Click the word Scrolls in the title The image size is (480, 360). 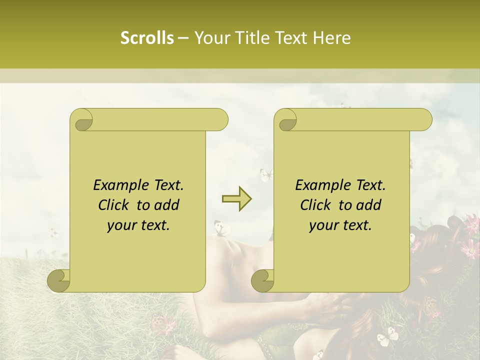tap(147, 38)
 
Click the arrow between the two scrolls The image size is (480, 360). tap(236, 199)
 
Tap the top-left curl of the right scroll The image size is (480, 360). tap(286, 120)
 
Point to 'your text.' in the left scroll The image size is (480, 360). tap(138, 225)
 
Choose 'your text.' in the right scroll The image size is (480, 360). tap(340, 225)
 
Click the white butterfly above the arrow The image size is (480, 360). tap(266, 174)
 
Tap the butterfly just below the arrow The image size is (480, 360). tap(222, 228)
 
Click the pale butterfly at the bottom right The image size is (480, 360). tap(387, 336)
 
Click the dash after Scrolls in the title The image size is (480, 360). tap(183, 38)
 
